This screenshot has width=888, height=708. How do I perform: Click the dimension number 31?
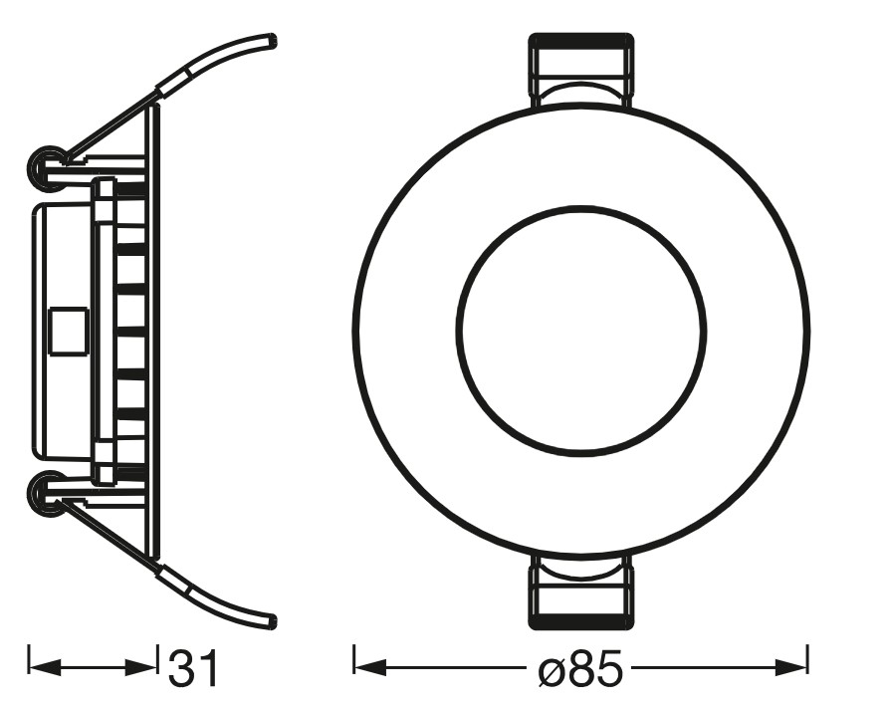(192, 668)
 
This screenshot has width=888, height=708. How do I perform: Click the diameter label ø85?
(579, 668)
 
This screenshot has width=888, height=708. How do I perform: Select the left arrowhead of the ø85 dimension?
(369, 667)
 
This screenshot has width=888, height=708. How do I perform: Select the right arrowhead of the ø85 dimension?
(790, 667)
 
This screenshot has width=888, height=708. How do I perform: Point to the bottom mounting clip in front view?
(581, 590)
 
